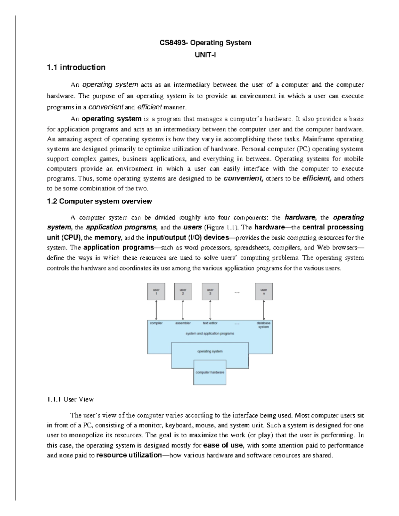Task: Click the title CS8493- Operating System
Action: (x=205, y=43)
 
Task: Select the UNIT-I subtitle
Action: (x=205, y=55)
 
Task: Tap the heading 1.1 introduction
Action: (x=76, y=67)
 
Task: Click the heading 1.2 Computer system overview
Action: (x=100, y=201)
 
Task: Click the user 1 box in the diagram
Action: (x=156, y=292)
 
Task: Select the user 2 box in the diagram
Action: (x=183, y=292)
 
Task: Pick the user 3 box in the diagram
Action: (x=210, y=292)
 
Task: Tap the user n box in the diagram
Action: (x=264, y=292)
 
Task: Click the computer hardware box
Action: (x=210, y=372)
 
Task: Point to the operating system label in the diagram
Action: (x=210, y=351)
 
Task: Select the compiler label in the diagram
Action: (x=156, y=323)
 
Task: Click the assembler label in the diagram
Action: (x=183, y=323)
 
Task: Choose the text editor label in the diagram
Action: (x=210, y=323)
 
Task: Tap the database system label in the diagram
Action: (x=264, y=325)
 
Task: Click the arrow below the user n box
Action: (x=264, y=310)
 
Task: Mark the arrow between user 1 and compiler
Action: (x=156, y=310)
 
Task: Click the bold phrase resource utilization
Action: (x=128, y=455)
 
